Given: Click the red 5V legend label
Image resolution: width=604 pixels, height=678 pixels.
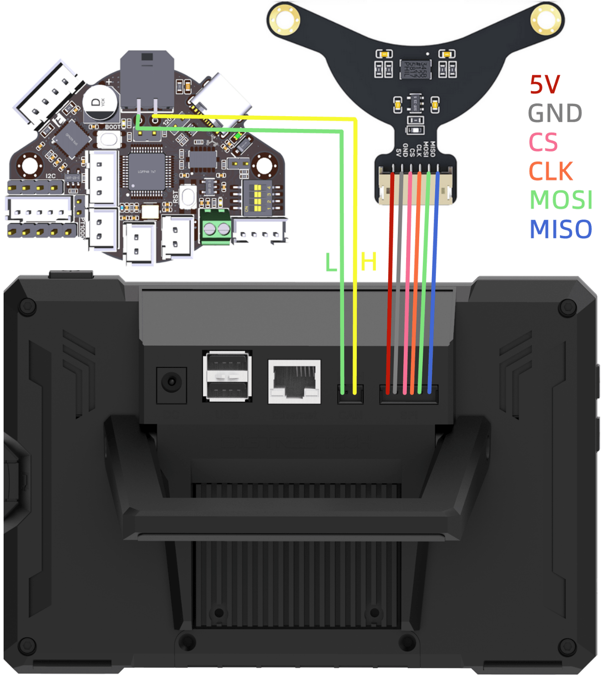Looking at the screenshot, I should [544, 85].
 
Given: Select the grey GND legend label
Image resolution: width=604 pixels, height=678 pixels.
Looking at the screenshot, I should [555, 113].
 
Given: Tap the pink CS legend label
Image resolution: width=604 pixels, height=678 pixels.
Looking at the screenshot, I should [543, 142].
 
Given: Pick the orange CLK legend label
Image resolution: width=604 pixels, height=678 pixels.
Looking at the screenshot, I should [550, 171].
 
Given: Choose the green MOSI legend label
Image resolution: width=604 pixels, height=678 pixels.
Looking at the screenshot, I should [561, 200].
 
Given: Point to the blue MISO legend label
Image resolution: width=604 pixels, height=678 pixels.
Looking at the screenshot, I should [561, 229].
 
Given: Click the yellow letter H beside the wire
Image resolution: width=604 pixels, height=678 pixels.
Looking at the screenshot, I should [368, 262].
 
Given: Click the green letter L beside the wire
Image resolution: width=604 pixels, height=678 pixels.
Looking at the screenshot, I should [331, 263].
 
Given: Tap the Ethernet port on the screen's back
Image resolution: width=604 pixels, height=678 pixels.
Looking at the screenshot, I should [294, 381].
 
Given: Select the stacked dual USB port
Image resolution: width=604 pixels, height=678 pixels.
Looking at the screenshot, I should [227, 376].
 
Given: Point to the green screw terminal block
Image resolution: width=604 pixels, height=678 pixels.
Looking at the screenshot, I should [216, 227].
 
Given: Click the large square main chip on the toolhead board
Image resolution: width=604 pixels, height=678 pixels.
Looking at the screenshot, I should [147, 171].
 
